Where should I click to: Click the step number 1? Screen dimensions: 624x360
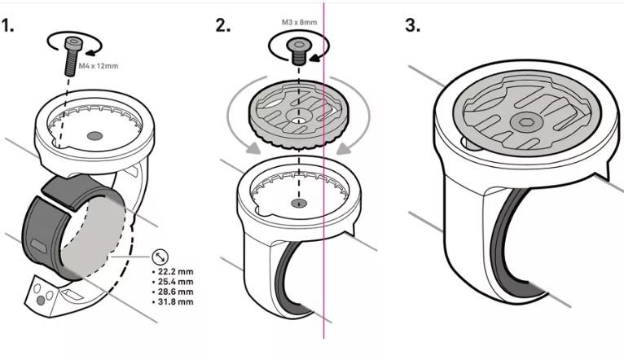tap(7, 25)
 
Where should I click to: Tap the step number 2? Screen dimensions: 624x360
tap(223, 25)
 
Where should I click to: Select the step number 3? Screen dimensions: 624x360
tap(413, 25)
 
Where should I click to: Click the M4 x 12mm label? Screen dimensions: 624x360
tap(99, 66)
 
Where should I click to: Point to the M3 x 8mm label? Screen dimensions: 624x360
tap(299, 22)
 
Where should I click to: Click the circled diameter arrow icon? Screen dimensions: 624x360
tap(160, 257)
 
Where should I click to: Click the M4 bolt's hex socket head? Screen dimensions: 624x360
tap(74, 43)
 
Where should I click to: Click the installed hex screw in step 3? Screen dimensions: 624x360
tap(524, 123)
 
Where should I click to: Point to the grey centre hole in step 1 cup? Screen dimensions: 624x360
tap(94, 136)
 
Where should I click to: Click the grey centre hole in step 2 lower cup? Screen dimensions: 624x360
tap(299, 204)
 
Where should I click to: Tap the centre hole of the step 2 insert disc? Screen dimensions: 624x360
tap(299, 119)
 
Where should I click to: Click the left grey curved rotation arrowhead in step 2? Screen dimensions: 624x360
tap(253, 149)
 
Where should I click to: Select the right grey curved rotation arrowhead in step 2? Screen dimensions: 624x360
tap(344, 149)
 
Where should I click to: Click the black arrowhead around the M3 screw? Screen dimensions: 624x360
tap(316, 57)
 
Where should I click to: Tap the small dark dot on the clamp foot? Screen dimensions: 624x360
tap(40, 301)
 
